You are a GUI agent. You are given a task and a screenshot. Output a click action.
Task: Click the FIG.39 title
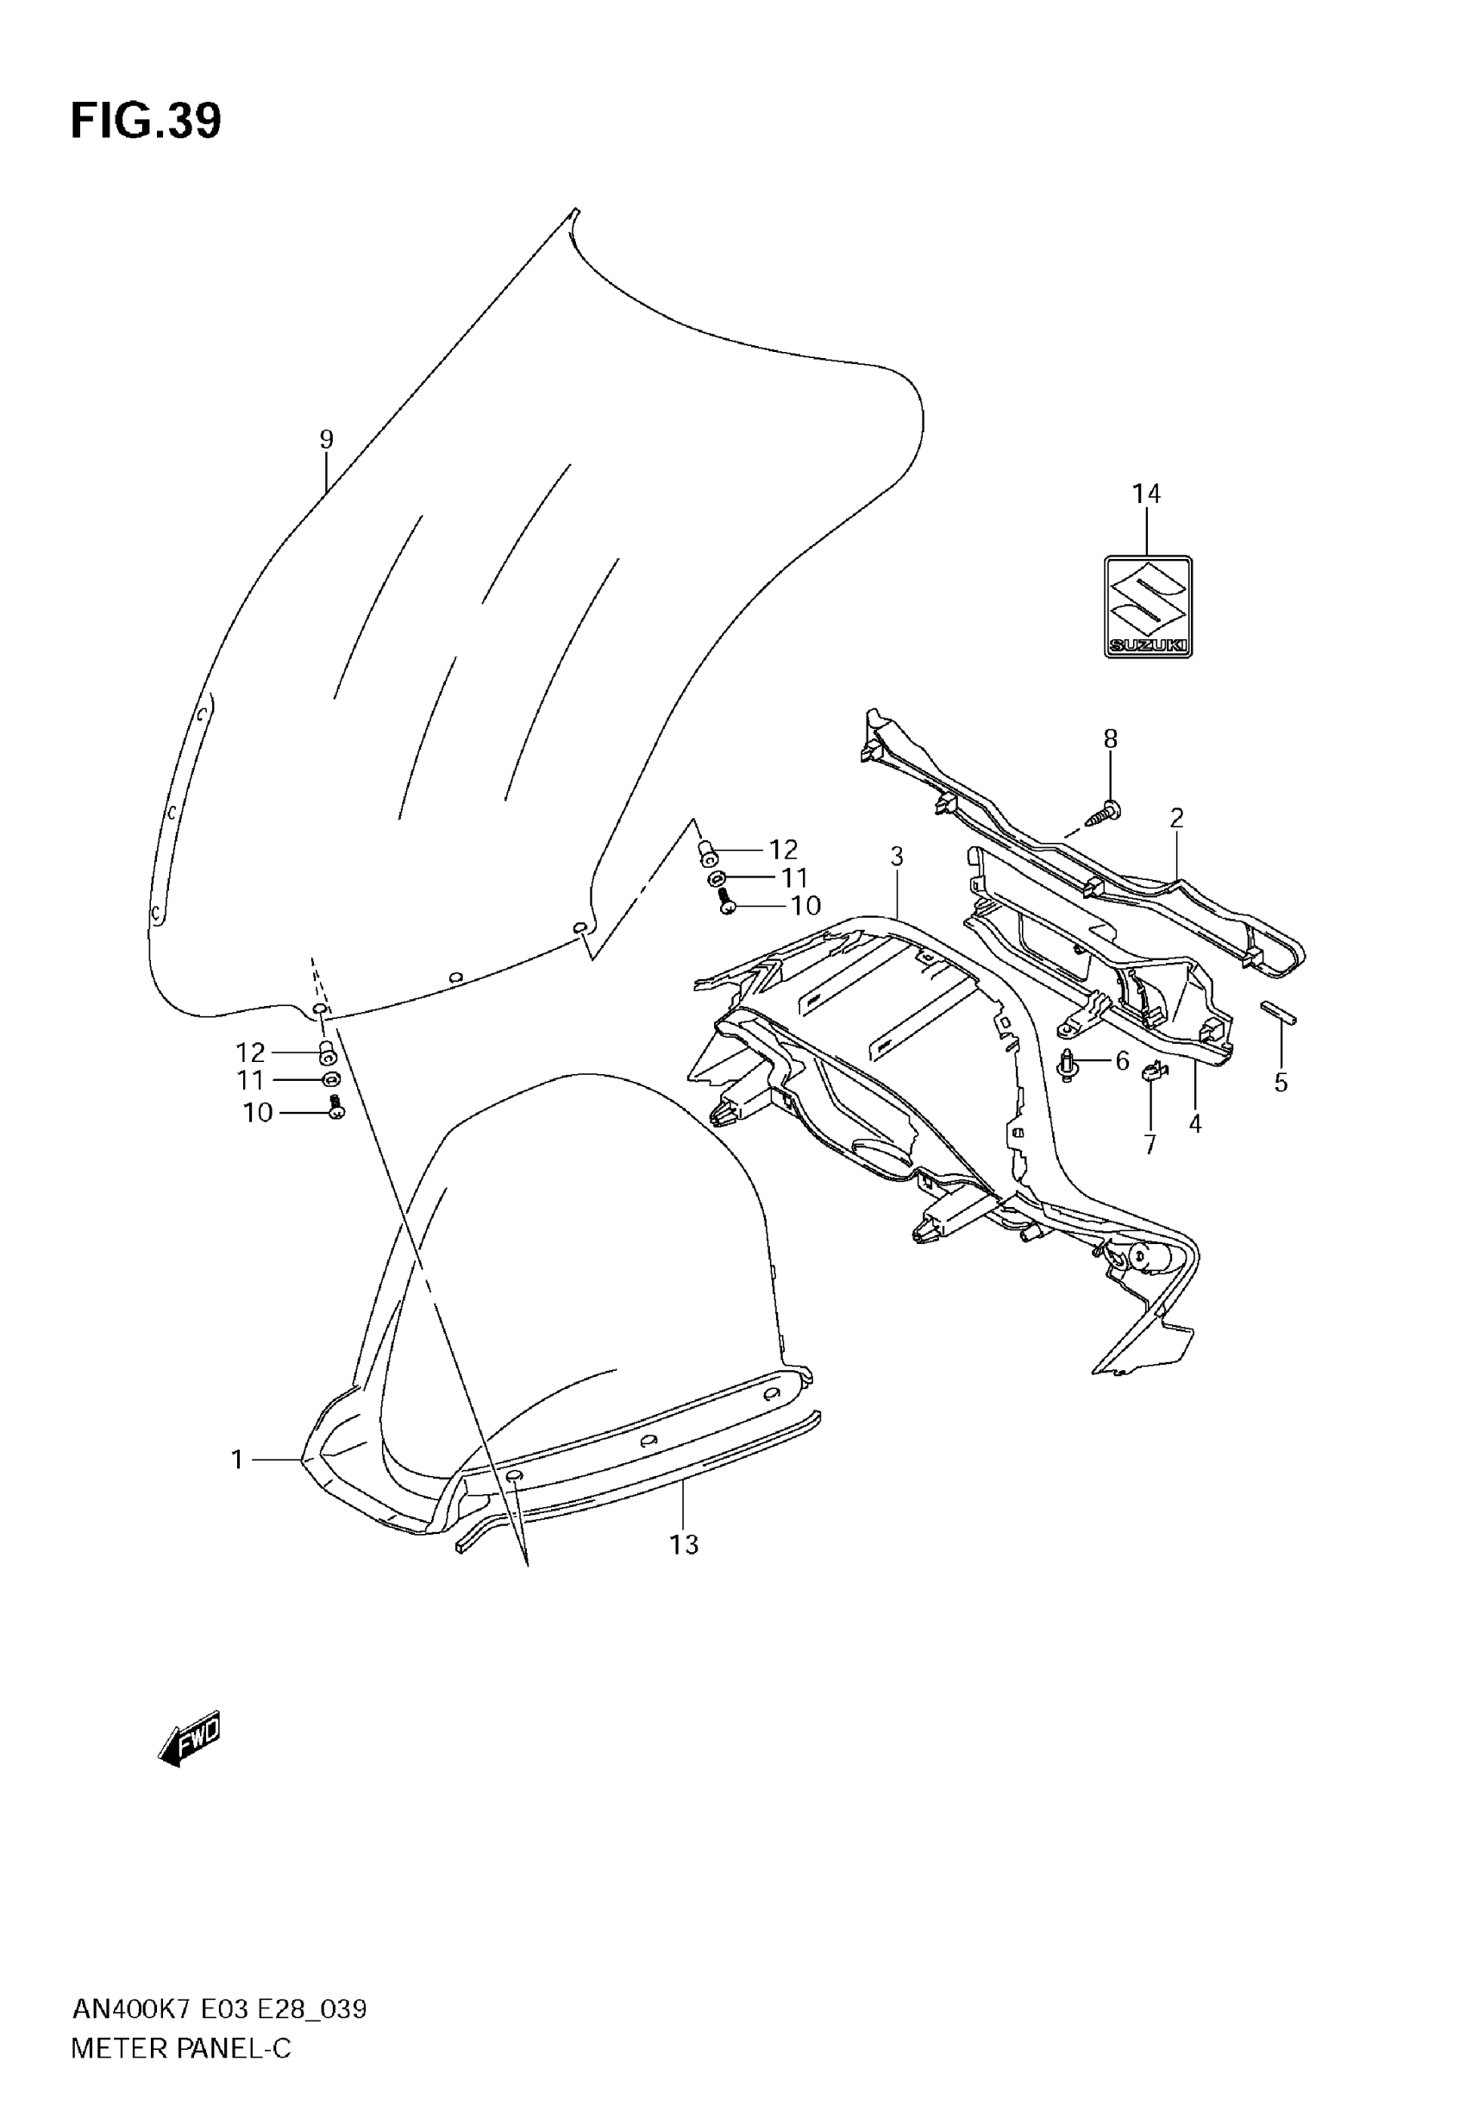pos(146,122)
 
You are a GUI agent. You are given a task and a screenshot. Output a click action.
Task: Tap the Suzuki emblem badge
pos(1147,606)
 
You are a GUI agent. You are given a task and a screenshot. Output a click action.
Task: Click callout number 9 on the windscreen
pos(326,439)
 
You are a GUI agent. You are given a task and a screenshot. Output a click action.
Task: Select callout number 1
pos(237,1459)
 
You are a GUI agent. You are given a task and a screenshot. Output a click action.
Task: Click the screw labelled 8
pos(1105,812)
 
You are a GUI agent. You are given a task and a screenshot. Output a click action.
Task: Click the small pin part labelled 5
pos(1279,1011)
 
